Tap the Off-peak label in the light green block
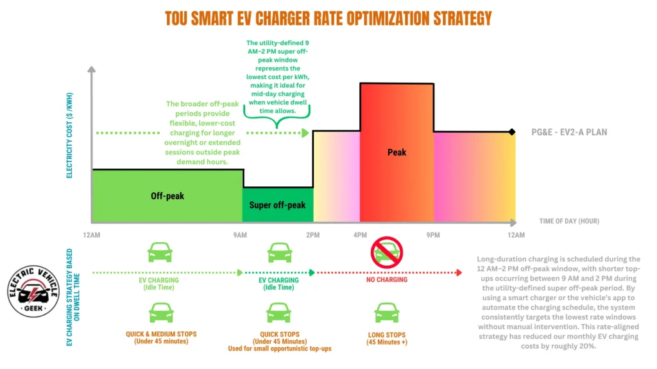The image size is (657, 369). [167, 195]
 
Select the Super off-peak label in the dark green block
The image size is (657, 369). [278, 205]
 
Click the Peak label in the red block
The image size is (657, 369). [397, 152]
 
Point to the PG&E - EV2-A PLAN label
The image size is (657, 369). [568, 133]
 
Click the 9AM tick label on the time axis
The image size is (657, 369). [240, 235]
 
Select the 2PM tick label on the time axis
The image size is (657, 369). [312, 235]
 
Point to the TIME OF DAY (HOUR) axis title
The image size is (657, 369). [568, 221]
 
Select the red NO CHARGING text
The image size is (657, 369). [387, 280]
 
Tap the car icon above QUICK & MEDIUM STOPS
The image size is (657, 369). [160, 313]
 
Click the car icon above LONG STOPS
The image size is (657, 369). [387, 313]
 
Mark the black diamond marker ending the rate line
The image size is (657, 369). [511, 132]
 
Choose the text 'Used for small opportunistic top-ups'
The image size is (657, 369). [279, 348]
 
